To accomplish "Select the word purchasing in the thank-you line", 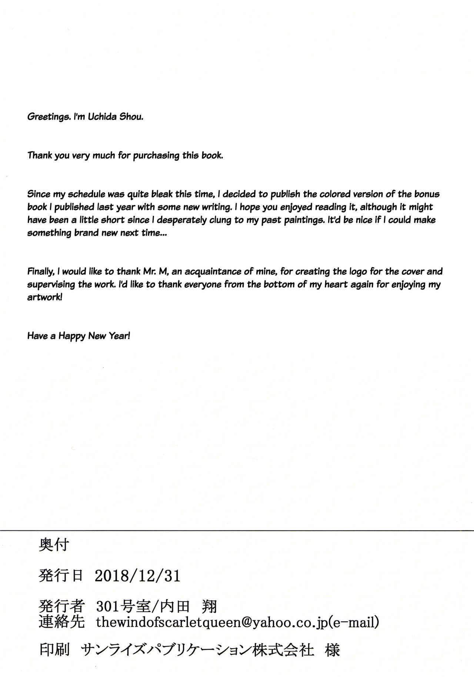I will click(156, 155).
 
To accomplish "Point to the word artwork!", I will click(44, 298).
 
